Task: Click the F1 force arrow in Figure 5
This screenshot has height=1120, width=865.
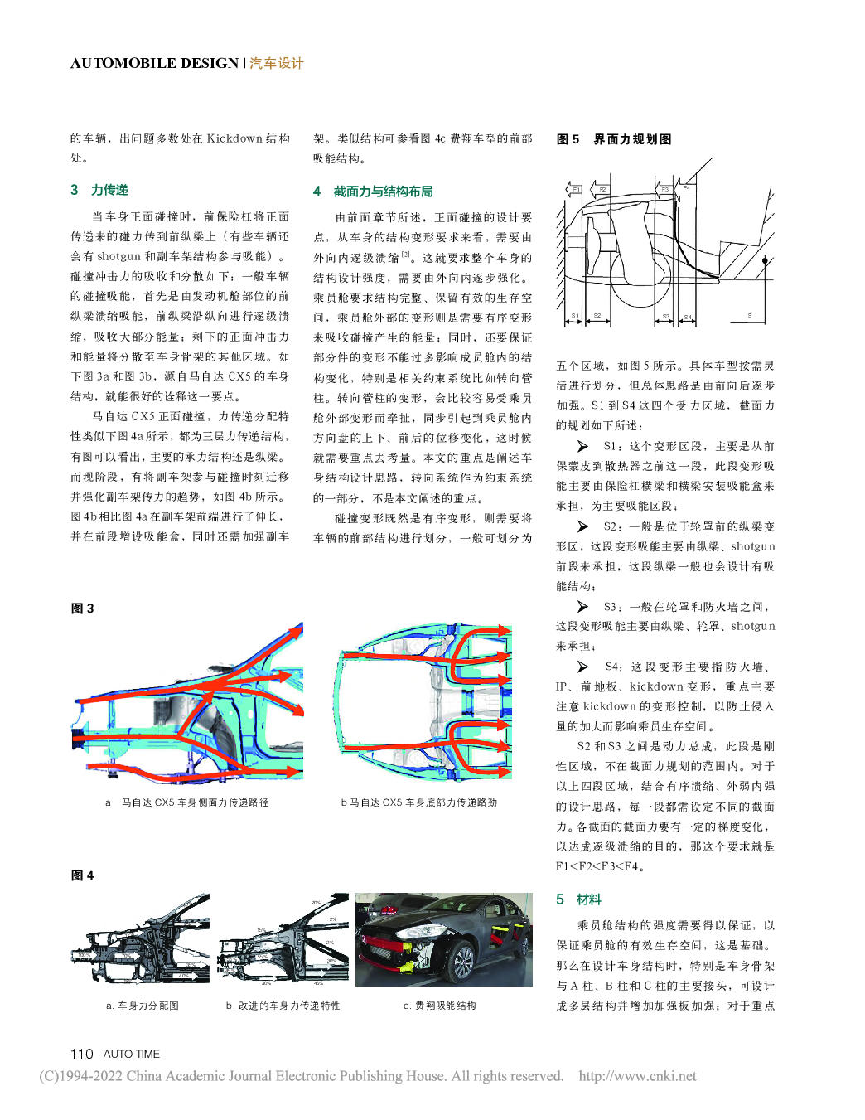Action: point(574,190)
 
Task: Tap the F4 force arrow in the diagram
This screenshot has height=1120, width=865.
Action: point(687,189)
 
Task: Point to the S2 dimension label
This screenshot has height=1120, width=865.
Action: point(597,316)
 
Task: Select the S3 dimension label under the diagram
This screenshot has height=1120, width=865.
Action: point(665,316)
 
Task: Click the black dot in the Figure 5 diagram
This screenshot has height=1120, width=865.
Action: point(766,260)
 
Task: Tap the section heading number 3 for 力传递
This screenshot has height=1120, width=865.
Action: point(75,190)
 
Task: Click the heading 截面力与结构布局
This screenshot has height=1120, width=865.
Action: point(383,192)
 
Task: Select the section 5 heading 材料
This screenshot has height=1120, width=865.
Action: point(588,899)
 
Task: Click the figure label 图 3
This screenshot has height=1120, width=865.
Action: point(82,608)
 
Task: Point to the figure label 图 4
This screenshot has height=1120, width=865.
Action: point(82,875)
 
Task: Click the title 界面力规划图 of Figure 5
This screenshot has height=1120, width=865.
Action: point(632,139)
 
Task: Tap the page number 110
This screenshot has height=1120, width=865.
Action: point(81,1054)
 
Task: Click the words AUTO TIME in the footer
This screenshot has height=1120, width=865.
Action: point(132,1054)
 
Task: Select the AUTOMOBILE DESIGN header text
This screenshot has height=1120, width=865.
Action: point(154,63)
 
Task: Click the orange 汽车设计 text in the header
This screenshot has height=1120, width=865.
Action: point(277,63)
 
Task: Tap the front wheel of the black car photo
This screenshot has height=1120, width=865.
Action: point(461,960)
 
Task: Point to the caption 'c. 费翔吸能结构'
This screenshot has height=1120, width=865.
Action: point(439,1006)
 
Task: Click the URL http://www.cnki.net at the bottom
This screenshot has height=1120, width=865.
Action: point(637,1076)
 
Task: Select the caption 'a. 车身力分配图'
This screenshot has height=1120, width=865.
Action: point(143,1006)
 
